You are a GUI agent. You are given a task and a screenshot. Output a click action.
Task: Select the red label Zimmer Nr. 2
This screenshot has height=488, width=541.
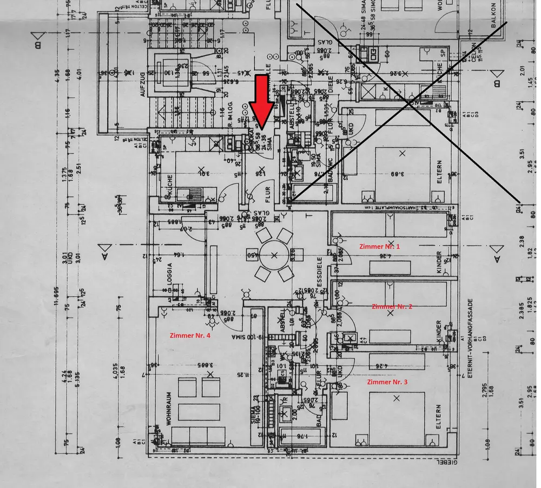pyautogui.click(x=392, y=306)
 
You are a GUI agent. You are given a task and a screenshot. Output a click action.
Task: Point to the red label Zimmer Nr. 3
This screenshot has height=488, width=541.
pyautogui.click(x=387, y=382)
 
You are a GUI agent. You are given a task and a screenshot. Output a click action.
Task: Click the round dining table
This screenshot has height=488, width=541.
pyautogui.click(x=275, y=255)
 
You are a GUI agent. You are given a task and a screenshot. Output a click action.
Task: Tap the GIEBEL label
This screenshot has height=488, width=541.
pyautogui.click(x=448, y=463)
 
